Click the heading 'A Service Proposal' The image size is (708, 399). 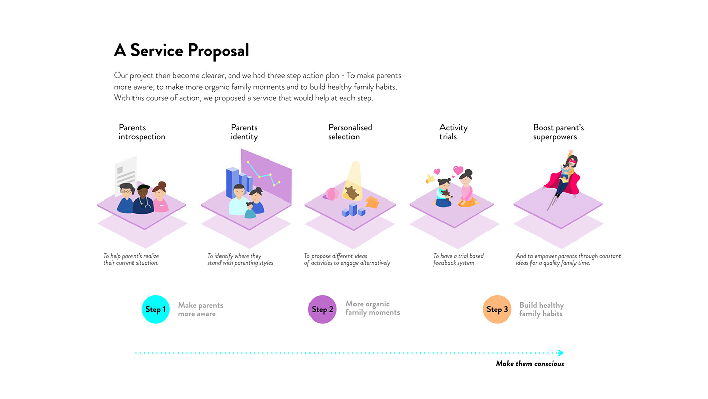[x=182, y=51]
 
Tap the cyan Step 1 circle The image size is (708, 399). [x=155, y=309]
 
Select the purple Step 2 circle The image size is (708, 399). [x=322, y=309]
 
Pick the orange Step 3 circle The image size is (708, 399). [x=497, y=309]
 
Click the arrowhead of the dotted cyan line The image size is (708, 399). [x=561, y=353]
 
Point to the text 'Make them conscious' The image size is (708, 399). [x=529, y=364]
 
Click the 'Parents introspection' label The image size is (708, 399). [x=142, y=132]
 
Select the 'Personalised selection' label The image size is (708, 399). [x=350, y=132]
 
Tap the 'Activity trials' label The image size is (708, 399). [x=453, y=132]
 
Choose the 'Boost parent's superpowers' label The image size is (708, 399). [x=558, y=132]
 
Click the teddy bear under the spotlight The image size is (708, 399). [x=351, y=193]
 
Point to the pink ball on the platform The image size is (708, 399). [x=332, y=194]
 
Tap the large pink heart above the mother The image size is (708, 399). [x=458, y=170]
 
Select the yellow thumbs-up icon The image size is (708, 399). [x=430, y=179]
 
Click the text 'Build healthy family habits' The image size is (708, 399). [x=541, y=309]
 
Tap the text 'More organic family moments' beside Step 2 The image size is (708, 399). [x=372, y=308]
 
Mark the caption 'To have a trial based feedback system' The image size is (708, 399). [x=458, y=259]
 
